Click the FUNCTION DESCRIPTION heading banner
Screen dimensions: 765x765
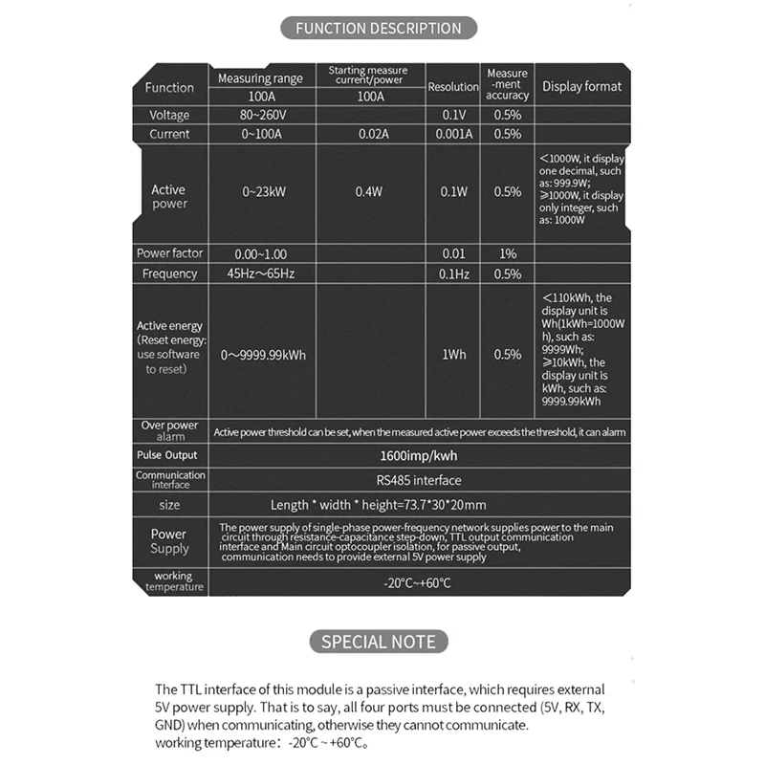pos(378,28)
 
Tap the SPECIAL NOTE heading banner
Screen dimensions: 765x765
pos(378,641)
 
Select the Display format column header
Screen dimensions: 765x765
pos(581,86)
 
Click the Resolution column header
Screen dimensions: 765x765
pos(453,86)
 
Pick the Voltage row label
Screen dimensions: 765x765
pos(169,115)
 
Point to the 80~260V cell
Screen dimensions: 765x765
pos(261,115)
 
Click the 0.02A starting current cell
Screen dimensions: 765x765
pos(368,134)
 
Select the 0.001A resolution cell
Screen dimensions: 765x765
pos(453,134)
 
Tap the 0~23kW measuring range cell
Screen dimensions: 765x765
pos(261,191)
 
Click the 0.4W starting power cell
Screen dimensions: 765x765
pos(368,191)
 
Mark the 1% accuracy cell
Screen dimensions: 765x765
pos(507,253)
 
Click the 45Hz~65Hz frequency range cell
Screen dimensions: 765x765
pos(261,273)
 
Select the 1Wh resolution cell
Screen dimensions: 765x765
pos(453,355)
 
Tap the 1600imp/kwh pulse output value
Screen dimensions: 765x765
pos(417,456)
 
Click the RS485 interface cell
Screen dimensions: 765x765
pos(417,480)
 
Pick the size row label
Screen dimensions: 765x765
pos(169,505)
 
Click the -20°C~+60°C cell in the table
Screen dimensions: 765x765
pos(417,581)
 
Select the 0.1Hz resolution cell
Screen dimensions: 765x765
pos(453,273)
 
